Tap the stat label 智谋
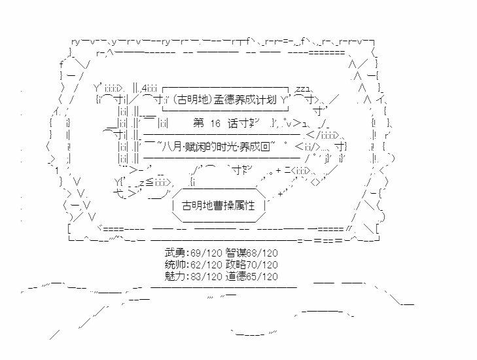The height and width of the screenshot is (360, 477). [x=236, y=253]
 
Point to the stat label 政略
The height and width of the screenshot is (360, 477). [x=236, y=264]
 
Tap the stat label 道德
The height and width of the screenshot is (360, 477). [x=236, y=276]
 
